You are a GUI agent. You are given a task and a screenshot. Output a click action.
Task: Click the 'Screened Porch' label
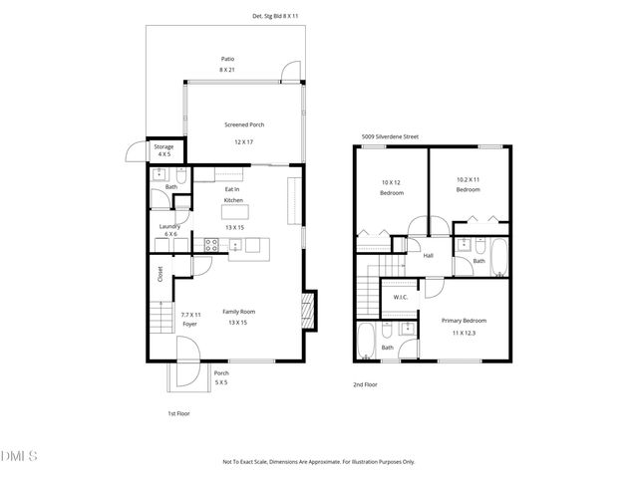click(243, 124)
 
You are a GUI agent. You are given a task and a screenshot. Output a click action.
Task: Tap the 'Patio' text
click(228, 59)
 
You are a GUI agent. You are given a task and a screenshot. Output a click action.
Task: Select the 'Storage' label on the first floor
click(162, 146)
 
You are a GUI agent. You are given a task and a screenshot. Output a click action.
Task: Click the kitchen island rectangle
click(235, 210)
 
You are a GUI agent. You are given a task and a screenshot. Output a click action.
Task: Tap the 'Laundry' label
click(168, 226)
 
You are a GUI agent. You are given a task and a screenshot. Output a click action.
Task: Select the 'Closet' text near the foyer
click(159, 273)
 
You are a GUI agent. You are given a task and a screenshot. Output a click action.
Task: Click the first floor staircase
click(160, 322)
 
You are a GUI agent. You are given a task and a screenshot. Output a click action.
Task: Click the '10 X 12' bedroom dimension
click(391, 182)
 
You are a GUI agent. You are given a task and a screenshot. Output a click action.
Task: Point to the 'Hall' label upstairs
click(428, 256)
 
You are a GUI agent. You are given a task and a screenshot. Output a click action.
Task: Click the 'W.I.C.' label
click(401, 296)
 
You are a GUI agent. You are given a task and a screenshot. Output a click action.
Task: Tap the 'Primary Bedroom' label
click(465, 321)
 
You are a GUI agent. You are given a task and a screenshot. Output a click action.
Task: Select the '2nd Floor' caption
click(365, 384)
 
